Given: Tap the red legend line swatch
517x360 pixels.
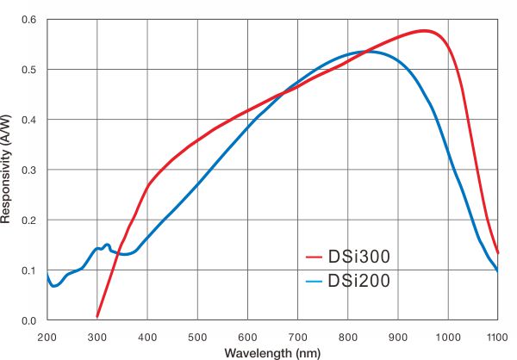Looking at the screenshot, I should (314, 258).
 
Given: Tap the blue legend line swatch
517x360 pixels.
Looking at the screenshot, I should (314, 281).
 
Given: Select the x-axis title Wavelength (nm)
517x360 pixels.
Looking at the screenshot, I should (272, 352).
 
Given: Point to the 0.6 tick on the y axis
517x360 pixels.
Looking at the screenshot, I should (29, 19).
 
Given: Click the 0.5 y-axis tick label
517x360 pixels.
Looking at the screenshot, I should (29, 70).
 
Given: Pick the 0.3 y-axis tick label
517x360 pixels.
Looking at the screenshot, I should (29, 170).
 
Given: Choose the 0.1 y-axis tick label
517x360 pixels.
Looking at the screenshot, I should (29, 270).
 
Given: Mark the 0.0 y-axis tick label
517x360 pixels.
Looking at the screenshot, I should (29, 320).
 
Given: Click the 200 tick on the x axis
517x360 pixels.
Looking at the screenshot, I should (47, 337).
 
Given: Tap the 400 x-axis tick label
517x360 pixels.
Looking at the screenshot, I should (147, 337).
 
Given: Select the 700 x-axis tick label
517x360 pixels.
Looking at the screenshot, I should (297, 337).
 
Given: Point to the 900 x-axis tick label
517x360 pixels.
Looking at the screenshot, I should (397, 337).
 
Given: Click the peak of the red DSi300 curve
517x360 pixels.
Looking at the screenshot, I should (424, 31).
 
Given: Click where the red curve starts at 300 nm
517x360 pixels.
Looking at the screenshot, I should (97, 317).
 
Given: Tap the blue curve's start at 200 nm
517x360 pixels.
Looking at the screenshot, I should (47, 274).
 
